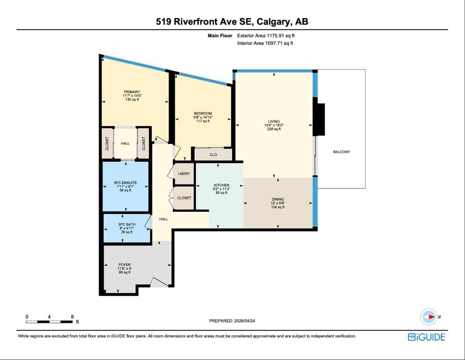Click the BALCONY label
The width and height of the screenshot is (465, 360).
(x=341, y=152)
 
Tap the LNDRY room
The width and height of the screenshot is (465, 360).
(x=184, y=173)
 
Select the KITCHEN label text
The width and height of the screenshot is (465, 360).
(x=221, y=185)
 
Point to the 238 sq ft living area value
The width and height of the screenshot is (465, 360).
(x=274, y=129)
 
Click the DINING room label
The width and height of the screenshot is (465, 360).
(x=278, y=199)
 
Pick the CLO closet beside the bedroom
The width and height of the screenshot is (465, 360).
(x=213, y=155)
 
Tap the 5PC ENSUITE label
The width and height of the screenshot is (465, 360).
(x=125, y=182)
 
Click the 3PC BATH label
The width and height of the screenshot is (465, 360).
(x=126, y=225)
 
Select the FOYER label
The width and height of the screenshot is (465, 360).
(x=125, y=265)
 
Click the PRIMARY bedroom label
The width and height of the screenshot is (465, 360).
(x=132, y=92)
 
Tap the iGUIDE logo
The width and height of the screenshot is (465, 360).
(x=427, y=337)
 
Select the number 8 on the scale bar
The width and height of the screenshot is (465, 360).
(x=73, y=317)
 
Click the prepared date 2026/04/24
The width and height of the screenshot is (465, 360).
(x=244, y=321)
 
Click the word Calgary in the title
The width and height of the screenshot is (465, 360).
(x=273, y=22)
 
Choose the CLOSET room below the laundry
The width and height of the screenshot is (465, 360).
(x=184, y=198)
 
